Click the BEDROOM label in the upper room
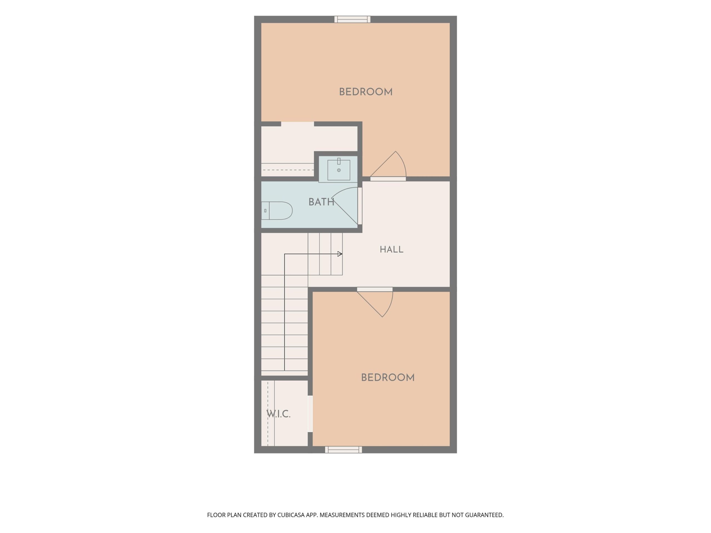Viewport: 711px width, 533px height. (366, 92)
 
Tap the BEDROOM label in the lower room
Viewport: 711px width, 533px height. (388, 378)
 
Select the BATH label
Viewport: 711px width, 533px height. (321, 202)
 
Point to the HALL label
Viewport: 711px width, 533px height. (392, 250)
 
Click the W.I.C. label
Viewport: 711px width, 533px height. (278, 414)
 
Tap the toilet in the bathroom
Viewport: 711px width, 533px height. (277, 211)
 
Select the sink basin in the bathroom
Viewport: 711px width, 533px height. (339, 170)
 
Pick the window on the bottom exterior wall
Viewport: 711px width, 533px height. (343, 450)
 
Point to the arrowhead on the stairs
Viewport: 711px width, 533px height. (340, 254)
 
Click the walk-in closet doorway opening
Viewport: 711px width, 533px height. (310, 414)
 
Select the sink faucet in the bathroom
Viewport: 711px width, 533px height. (339, 161)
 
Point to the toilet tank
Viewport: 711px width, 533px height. (265, 211)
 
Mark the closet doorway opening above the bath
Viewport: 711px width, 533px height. (297, 124)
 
